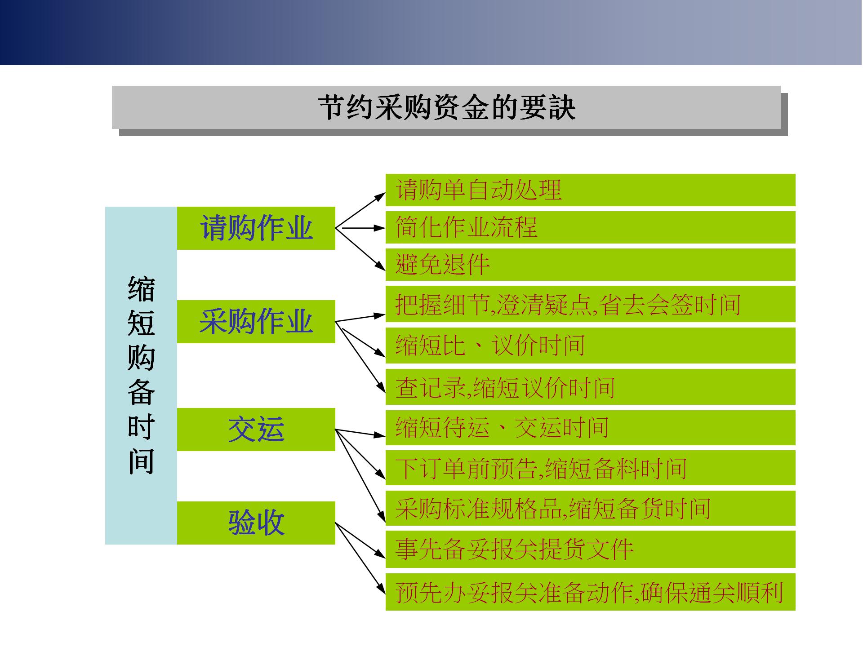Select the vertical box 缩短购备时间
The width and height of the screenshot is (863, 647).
[141, 376]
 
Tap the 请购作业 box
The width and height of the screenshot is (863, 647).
[256, 228]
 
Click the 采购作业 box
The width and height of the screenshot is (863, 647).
[256, 322]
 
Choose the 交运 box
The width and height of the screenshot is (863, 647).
[256, 430]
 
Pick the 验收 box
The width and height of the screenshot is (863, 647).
[256, 523]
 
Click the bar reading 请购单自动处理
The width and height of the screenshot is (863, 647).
[590, 190]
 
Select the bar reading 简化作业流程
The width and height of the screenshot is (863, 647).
[590, 227]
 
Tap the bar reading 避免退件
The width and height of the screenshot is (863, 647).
[590, 265]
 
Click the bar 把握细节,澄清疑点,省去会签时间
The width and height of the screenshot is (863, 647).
[590, 304]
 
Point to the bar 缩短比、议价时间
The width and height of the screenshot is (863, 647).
[590, 346]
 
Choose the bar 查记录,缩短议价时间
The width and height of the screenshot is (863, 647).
[590, 387]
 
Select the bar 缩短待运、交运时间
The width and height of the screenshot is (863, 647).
[590, 427]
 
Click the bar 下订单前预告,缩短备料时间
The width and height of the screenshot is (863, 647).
[590, 468]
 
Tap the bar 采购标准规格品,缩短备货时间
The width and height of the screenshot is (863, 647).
[590, 509]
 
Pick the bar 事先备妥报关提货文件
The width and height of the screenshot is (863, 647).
[590, 549]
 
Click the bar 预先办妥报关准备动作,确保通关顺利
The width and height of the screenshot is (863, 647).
[590, 592]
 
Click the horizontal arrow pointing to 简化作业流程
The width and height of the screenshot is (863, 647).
[362, 228]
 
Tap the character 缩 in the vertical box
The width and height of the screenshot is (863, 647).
[141, 288]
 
